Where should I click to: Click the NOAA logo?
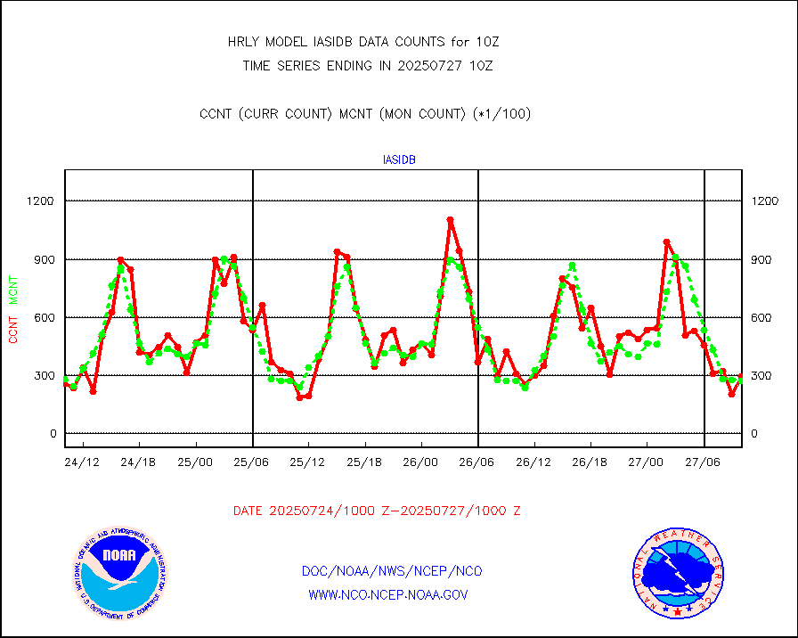point(119,573)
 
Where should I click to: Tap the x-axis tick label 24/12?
point(83,463)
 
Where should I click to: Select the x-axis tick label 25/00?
point(195,463)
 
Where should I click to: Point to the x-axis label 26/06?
point(477,463)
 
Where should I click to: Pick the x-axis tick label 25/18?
point(364,463)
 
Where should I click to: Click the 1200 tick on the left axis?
point(40,201)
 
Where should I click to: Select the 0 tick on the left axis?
point(52,434)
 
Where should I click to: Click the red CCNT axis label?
point(13,327)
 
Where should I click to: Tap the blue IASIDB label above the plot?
point(399,160)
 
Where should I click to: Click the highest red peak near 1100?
point(450,219)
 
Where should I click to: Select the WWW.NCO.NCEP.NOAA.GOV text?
point(388,594)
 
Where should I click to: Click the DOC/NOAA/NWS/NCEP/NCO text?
point(393,571)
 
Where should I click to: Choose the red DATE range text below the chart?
point(377,511)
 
